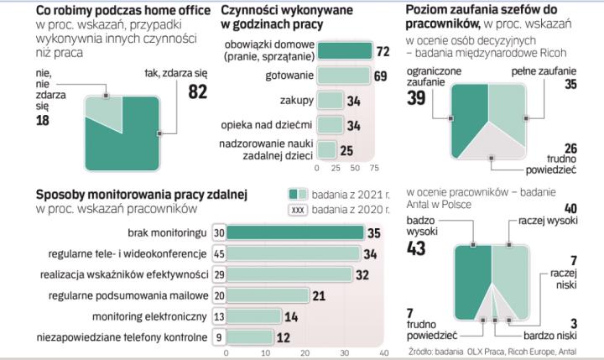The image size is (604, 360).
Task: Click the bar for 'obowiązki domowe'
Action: click(x=346, y=52)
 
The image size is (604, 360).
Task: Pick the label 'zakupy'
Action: click(x=299, y=102)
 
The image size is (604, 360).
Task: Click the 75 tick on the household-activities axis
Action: click(x=375, y=168)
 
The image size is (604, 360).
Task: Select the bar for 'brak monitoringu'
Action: click(x=294, y=232)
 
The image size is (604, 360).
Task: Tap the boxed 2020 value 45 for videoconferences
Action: click(x=217, y=253)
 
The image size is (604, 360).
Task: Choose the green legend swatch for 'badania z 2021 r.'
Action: click(x=293, y=192)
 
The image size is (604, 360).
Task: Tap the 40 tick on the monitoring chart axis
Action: click(x=383, y=353)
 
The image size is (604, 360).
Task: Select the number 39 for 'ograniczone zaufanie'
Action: click(x=415, y=98)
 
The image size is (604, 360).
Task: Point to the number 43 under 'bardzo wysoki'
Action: click(x=416, y=248)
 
